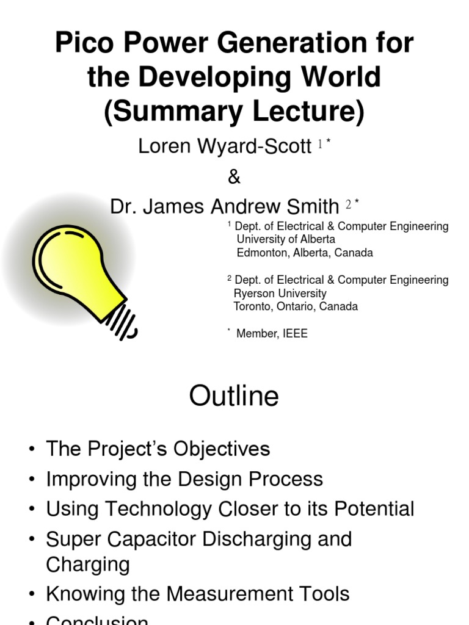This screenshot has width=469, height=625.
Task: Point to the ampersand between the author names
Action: click(234, 177)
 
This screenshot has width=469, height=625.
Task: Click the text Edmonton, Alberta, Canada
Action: click(305, 252)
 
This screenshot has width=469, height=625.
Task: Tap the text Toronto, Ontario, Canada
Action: click(296, 306)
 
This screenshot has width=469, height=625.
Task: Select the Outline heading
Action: click(234, 397)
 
